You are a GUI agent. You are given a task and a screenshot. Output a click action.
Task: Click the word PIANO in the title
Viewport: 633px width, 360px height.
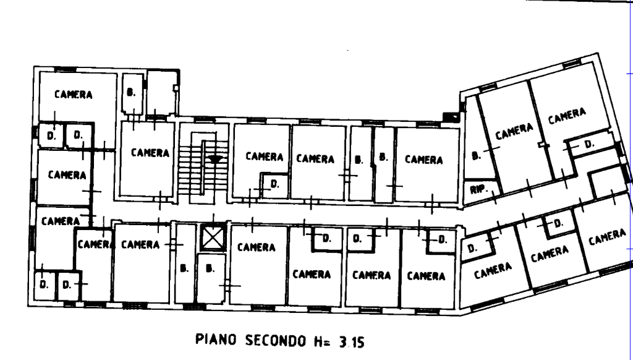pyautogui.click(x=213, y=340)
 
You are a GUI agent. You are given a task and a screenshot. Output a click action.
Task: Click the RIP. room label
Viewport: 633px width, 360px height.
pyautogui.click(x=477, y=189)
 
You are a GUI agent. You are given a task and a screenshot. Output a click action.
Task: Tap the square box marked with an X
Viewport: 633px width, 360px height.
pyautogui.click(x=211, y=238)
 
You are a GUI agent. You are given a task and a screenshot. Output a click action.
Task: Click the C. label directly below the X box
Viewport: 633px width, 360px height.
pyautogui.click(x=210, y=268)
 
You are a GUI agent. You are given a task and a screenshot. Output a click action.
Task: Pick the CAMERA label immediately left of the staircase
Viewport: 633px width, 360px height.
pyautogui.click(x=149, y=152)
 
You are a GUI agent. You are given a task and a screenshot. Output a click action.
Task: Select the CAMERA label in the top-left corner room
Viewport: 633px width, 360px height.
pyautogui.click(x=74, y=95)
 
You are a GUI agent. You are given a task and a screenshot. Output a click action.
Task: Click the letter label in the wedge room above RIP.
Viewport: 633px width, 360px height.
pyautogui.click(x=475, y=155)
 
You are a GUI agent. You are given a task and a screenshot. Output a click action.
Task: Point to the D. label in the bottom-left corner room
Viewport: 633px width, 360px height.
pyautogui.click(x=43, y=285)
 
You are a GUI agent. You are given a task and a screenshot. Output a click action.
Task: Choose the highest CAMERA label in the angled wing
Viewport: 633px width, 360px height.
pyautogui.click(x=567, y=116)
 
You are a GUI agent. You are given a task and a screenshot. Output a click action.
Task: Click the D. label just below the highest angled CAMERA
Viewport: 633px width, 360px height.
pyautogui.click(x=588, y=144)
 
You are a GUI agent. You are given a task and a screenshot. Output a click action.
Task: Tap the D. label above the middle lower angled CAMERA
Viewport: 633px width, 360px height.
pyautogui.click(x=558, y=223)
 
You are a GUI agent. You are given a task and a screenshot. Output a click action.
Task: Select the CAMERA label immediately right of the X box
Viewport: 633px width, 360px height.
pyautogui.click(x=256, y=247)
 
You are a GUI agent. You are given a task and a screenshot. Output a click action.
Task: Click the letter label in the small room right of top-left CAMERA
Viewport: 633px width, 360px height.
pyautogui.click(x=130, y=93)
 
